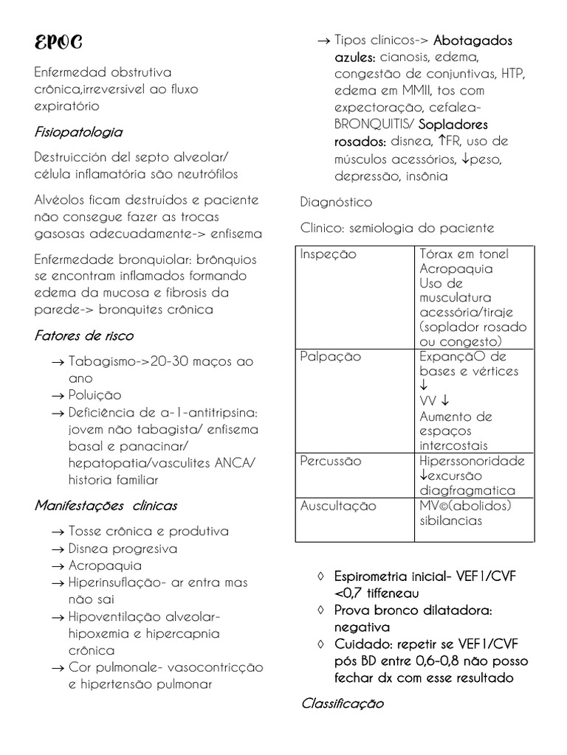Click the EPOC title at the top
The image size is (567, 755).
[x=58, y=43]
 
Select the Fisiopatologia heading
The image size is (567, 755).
[x=78, y=133]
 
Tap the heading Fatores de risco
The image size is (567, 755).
[x=84, y=336]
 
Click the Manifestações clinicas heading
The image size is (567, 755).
[x=106, y=506]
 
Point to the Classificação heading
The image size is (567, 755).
[x=343, y=703]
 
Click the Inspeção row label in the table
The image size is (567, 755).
[x=328, y=254]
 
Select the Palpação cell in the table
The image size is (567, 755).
[x=330, y=357]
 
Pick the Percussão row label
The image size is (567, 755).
[x=331, y=462]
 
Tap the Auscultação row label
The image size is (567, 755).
[x=338, y=507]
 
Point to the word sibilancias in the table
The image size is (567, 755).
[x=450, y=521]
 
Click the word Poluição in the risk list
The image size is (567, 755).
[x=94, y=395]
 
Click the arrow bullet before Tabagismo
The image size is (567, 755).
[x=58, y=363]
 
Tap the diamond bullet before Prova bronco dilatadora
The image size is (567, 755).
[x=320, y=610]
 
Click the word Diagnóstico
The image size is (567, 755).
[x=337, y=201]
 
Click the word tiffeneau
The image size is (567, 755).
[x=391, y=593]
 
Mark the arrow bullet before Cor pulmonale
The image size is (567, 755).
[x=58, y=668]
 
